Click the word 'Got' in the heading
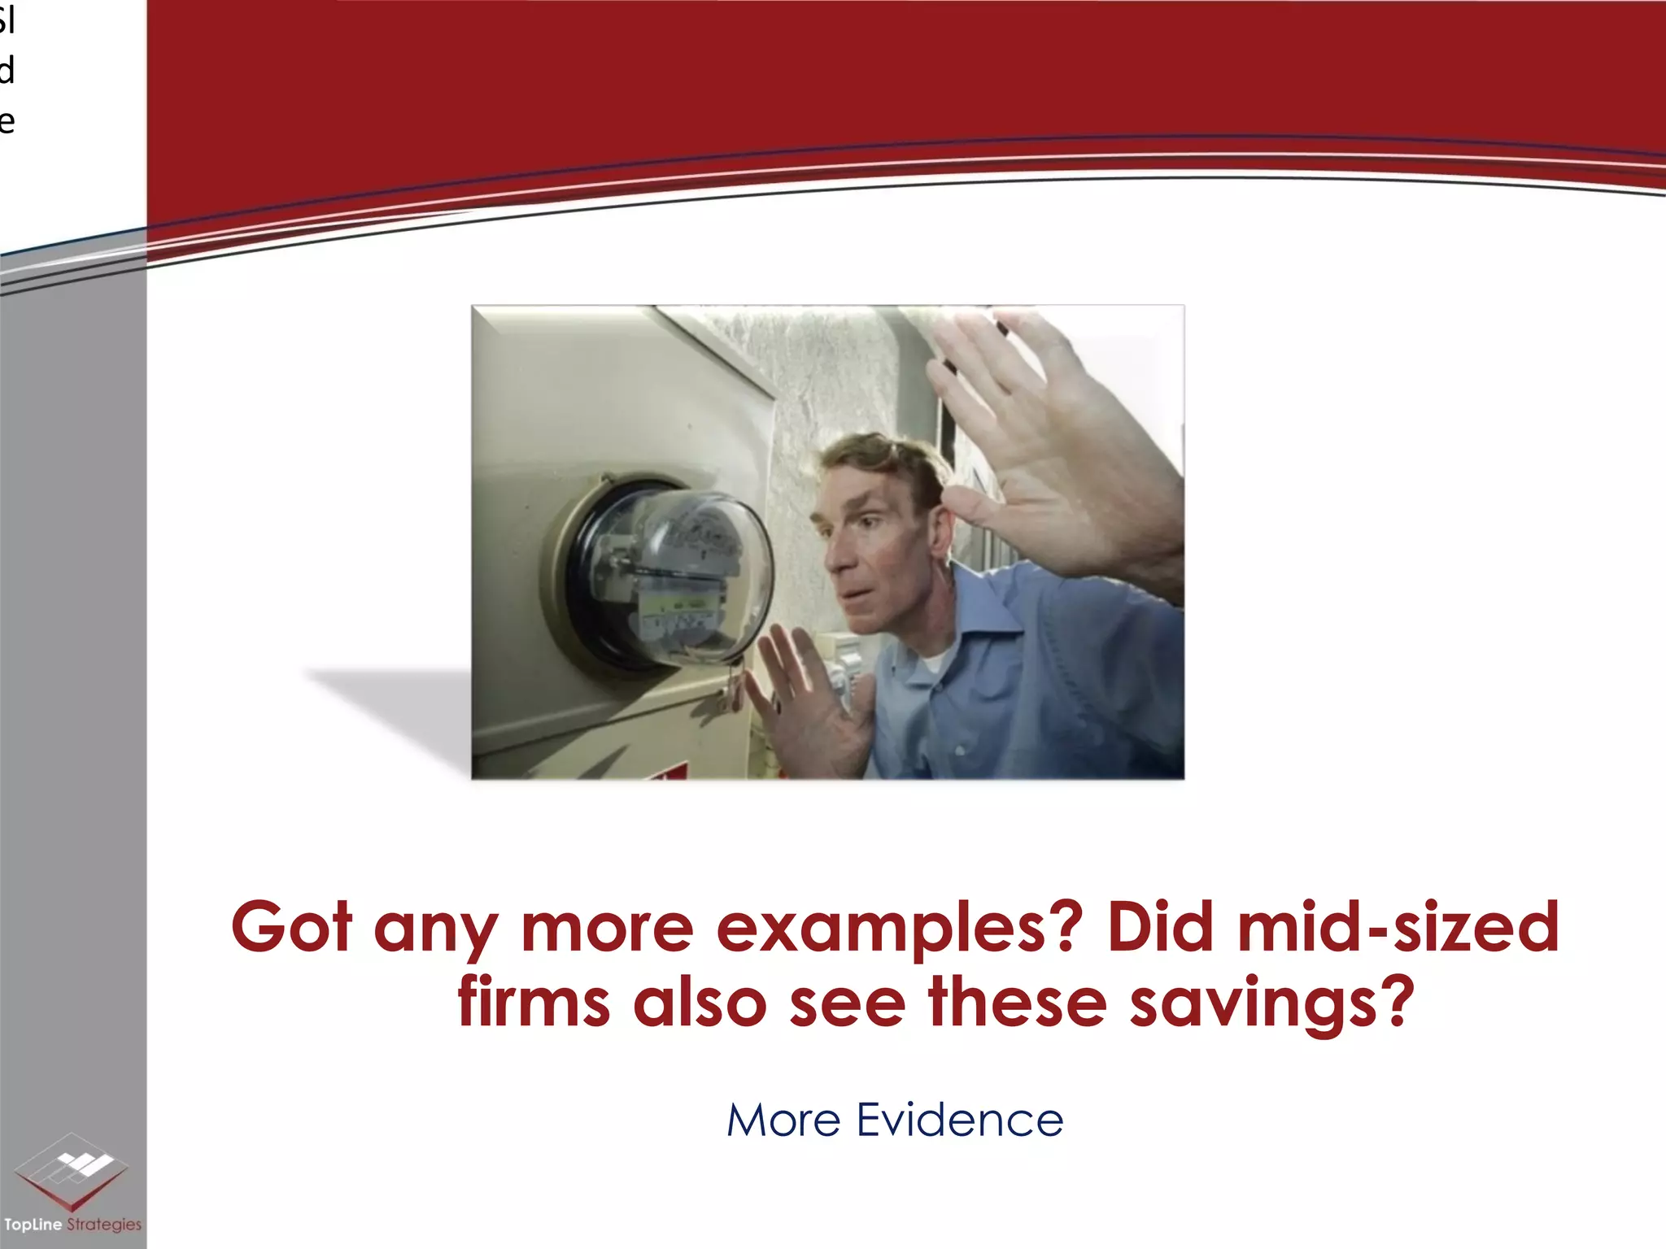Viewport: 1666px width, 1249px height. [x=291, y=927]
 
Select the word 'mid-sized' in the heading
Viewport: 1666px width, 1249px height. [x=1398, y=927]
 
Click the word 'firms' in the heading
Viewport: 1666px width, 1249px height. [x=534, y=1002]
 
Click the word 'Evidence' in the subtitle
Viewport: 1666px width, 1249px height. [x=960, y=1120]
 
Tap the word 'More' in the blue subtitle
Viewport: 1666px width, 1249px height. [x=783, y=1120]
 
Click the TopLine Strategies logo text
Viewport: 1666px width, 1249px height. [x=72, y=1225]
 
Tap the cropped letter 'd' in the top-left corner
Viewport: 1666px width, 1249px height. [x=7, y=71]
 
